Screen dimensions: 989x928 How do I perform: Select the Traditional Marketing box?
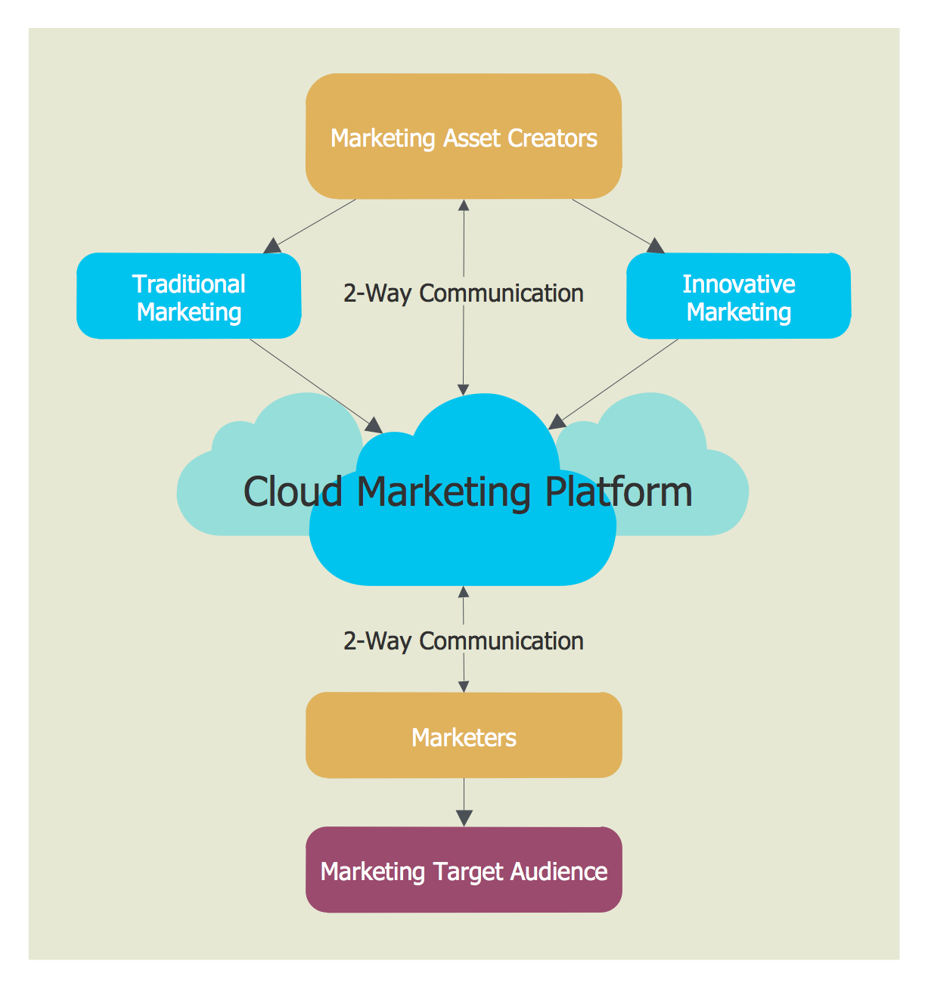189,296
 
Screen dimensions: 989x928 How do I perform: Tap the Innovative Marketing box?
738,296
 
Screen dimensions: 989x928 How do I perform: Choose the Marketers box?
464,736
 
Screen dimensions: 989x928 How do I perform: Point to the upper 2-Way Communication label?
463,293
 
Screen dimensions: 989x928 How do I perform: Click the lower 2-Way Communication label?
463,641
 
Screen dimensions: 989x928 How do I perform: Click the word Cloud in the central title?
293,491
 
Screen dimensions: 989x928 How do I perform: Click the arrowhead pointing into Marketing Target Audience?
464,818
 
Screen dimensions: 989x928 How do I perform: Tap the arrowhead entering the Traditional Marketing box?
272,246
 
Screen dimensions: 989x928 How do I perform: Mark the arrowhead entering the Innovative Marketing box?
656,246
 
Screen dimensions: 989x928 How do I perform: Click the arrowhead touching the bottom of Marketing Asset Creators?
464,205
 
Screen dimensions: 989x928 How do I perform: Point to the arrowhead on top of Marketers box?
464,686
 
